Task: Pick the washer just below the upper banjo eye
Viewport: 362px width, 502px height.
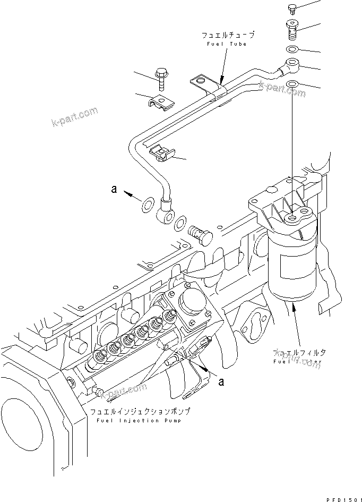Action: coord(292,84)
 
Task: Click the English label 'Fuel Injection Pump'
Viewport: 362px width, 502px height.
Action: coord(140,421)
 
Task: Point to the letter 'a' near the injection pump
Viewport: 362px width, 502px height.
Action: coord(222,380)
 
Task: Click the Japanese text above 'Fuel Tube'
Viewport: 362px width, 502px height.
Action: coord(228,36)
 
